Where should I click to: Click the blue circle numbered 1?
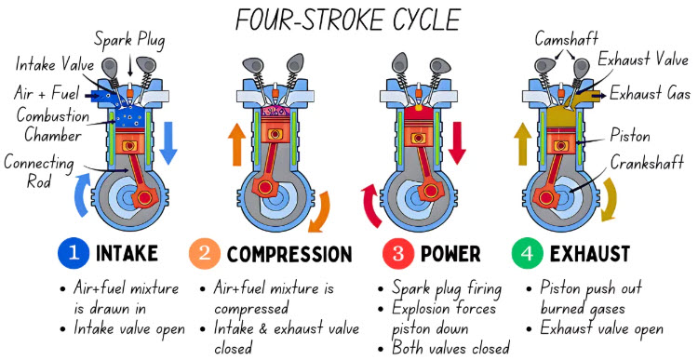coord(74,254)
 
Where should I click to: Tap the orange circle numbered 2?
coord(205,254)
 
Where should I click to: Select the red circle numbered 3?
coord(398,254)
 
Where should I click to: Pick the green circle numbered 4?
coord(527,254)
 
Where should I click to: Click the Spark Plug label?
coord(129,41)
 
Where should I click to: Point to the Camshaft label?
coord(566,39)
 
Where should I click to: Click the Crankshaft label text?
coord(647,163)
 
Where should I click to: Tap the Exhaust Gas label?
coord(650,93)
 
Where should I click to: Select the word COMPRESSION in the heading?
coord(289,254)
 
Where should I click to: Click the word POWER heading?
coord(450,254)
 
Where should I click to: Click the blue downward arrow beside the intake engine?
coord(168,143)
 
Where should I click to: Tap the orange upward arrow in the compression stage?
coord(236,144)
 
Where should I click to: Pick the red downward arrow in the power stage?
coord(457,143)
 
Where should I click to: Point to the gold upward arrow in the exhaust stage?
coord(523,144)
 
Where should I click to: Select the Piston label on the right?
coord(629,135)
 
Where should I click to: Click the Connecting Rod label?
coord(39,172)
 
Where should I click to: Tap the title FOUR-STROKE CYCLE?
coord(348,20)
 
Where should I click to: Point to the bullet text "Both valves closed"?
coord(450,348)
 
